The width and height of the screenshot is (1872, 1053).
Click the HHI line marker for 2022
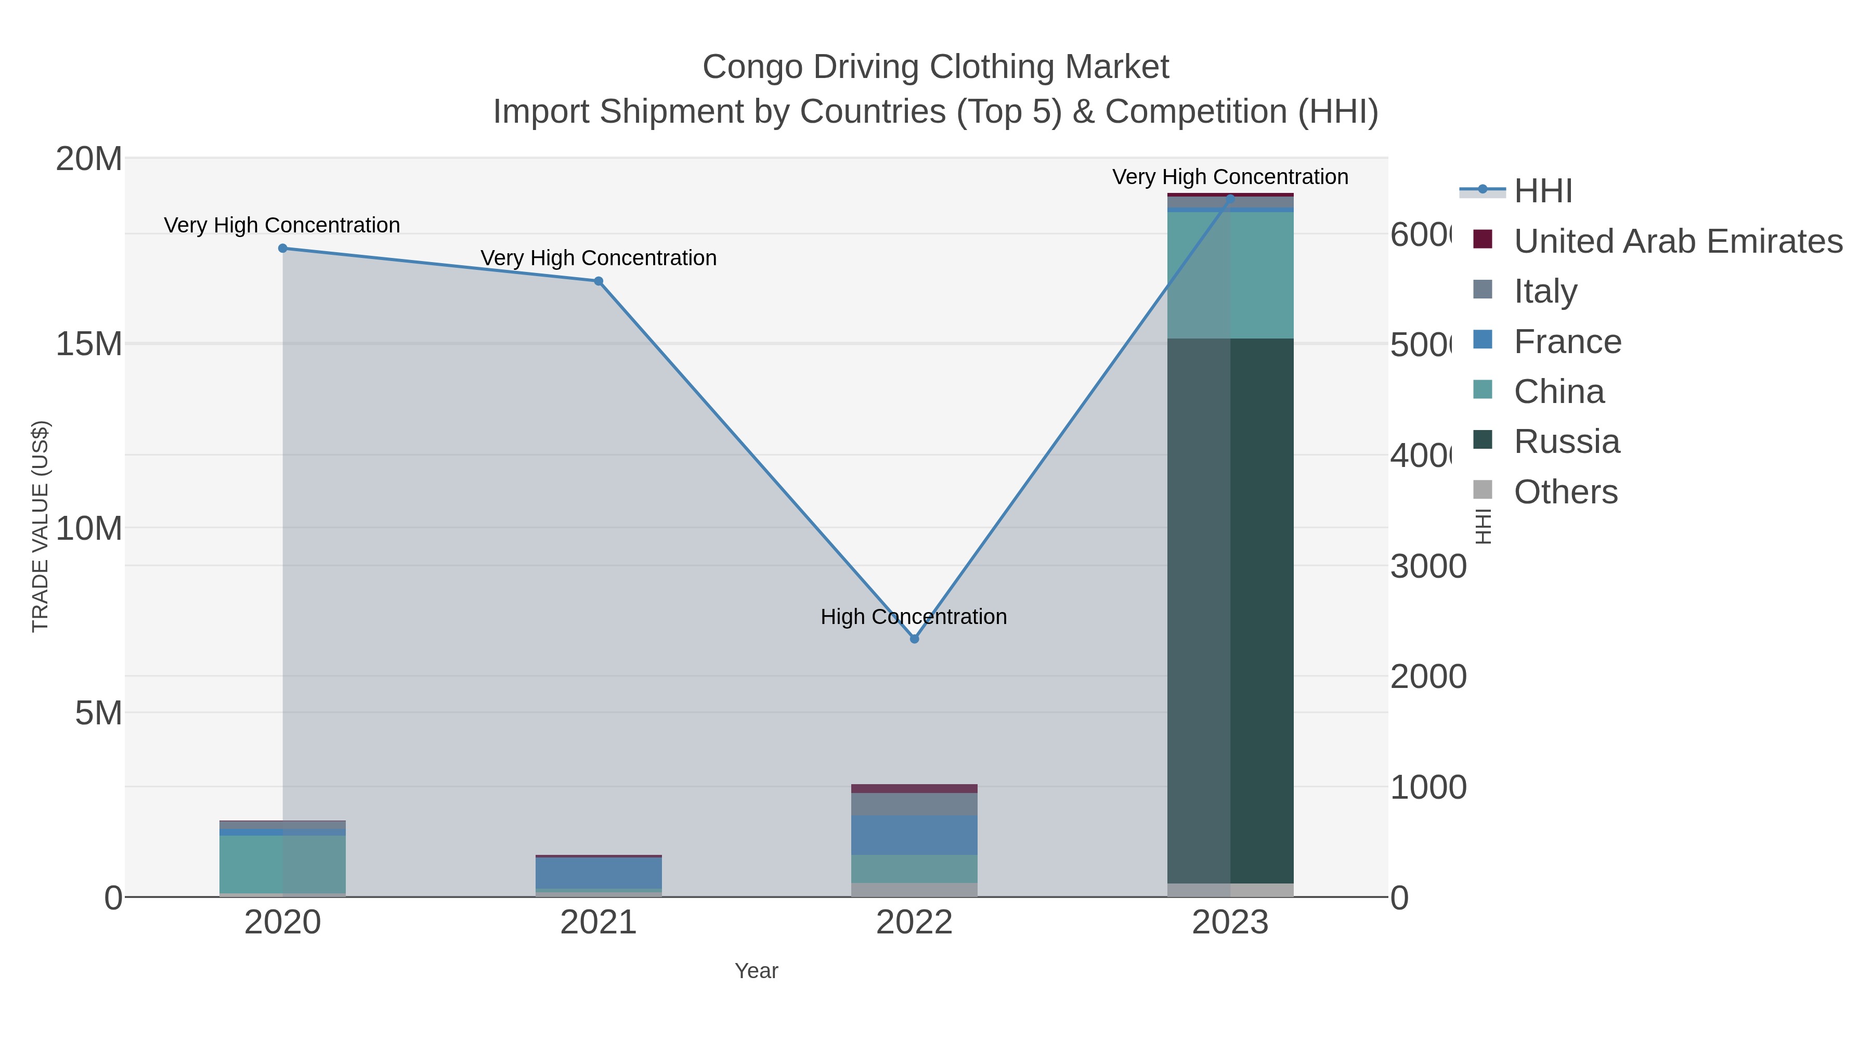(x=914, y=639)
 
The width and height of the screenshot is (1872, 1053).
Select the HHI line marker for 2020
(x=283, y=249)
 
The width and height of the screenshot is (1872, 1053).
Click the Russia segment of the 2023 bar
(x=1230, y=610)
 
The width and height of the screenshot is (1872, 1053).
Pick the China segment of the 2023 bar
(x=1230, y=275)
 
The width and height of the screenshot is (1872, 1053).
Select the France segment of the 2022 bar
(x=914, y=835)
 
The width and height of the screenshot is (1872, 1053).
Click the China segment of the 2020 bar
(x=283, y=864)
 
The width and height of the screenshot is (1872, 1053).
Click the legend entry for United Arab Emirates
(x=1677, y=241)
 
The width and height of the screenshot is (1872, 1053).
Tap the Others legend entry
(x=1565, y=492)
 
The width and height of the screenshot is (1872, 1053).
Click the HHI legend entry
(x=1543, y=191)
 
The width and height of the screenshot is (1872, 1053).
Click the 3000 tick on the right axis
(x=1428, y=566)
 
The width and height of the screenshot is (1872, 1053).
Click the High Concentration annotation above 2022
(x=914, y=617)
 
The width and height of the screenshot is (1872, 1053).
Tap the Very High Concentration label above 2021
(x=598, y=258)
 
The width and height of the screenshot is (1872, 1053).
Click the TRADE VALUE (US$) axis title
(x=40, y=526)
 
